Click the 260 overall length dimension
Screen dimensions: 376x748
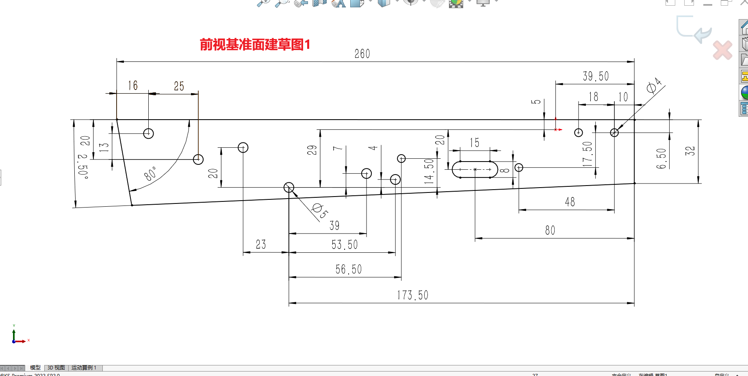click(362, 54)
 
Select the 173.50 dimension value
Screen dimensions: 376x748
click(412, 295)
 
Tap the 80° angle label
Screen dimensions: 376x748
click(150, 173)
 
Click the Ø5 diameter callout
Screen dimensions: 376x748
click(320, 211)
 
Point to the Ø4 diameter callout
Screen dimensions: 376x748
click(654, 86)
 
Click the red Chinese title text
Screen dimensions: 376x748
click(255, 44)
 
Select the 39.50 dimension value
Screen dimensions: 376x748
click(596, 77)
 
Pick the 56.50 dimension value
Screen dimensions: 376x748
click(348, 269)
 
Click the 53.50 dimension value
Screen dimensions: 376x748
click(345, 245)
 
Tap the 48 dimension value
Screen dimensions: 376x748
click(570, 202)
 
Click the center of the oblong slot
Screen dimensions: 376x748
click(475, 169)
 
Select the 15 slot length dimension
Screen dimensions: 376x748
click(474, 143)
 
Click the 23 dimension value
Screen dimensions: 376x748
click(261, 245)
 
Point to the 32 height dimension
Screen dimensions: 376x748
click(690, 151)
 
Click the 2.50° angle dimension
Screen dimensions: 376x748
click(83, 166)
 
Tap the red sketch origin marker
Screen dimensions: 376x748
click(556, 129)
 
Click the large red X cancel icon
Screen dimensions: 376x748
click(722, 50)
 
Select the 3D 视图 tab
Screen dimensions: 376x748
click(56, 368)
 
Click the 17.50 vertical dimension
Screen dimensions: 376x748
click(587, 154)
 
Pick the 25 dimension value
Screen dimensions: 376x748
click(179, 86)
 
